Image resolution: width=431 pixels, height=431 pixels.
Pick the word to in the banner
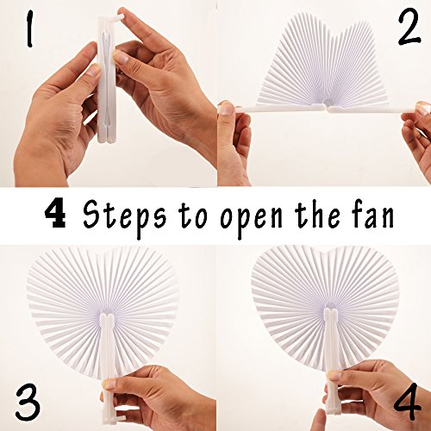pyautogui.click(x=184, y=215)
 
